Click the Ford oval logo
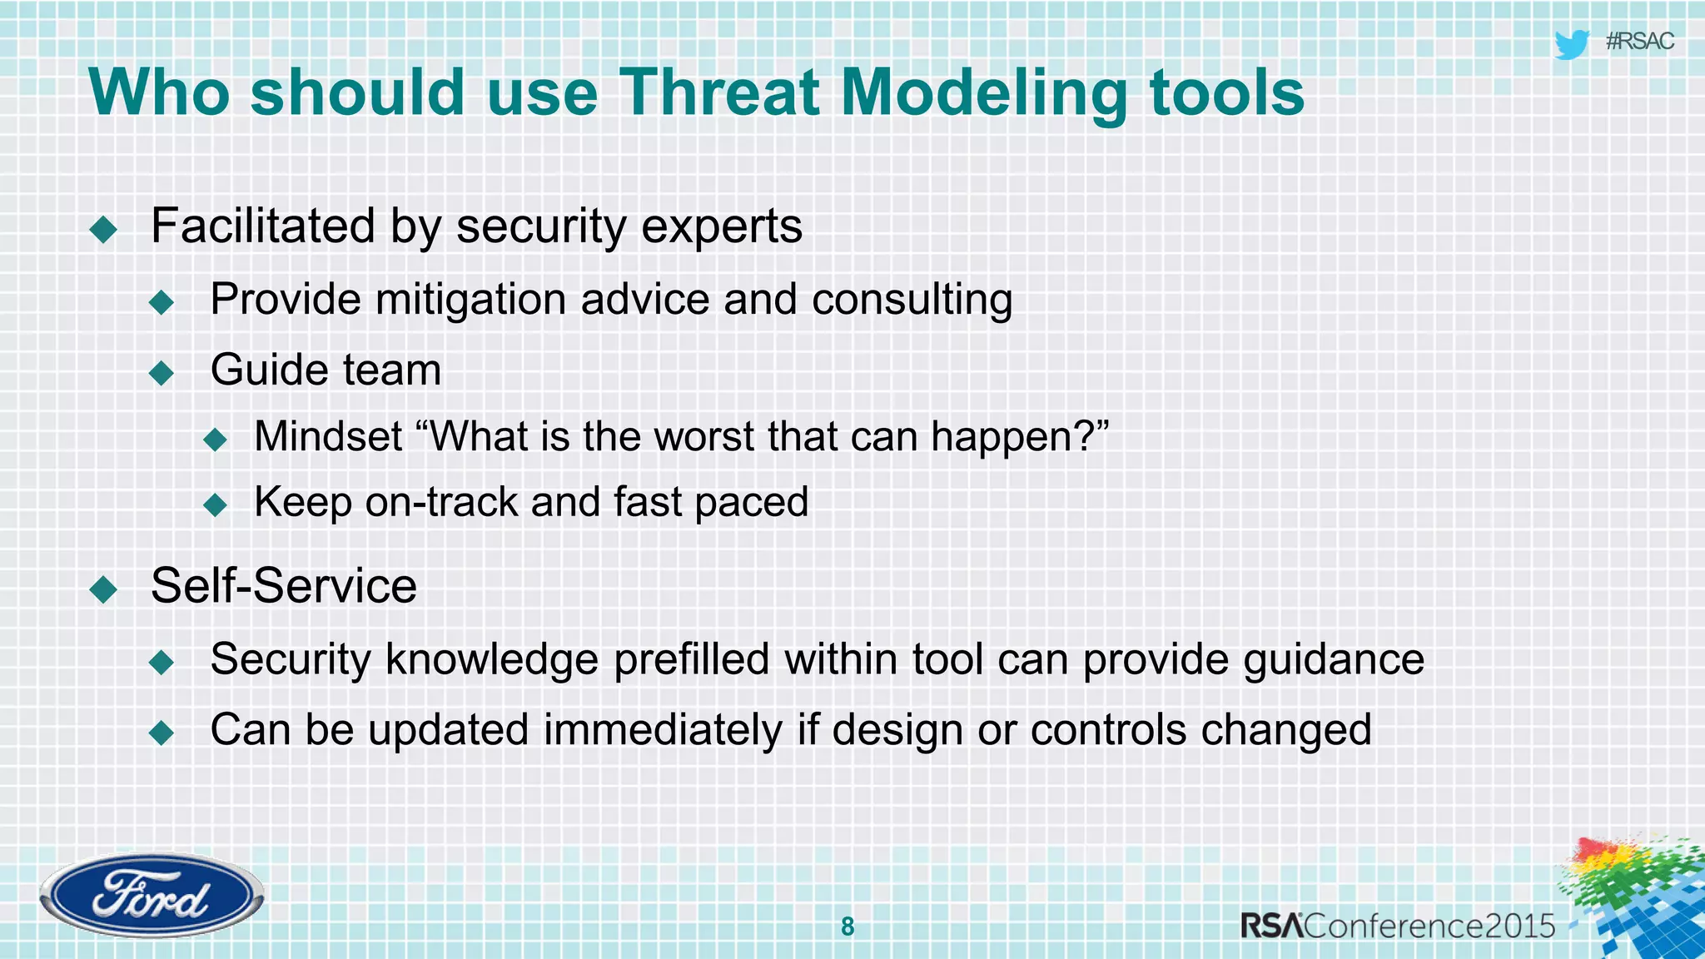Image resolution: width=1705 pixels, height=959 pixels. pyautogui.click(x=151, y=896)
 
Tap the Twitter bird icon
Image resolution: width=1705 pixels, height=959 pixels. pyautogui.click(x=1571, y=44)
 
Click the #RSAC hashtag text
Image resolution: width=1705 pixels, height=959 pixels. pyautogui.click(x=1639, y=42)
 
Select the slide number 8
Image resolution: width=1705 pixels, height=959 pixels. pyautogui.click(x=848, y=927)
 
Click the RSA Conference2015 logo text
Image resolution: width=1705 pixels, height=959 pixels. pyautogui.click(x=1398, y=926)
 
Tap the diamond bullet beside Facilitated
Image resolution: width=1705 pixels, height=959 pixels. pyautogui.click(x=104, y=228)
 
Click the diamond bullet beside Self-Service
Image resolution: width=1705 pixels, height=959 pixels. pyautogui.click(x=104, y=589)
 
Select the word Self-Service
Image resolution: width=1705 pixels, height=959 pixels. pyautogui.click(x=283, y=585)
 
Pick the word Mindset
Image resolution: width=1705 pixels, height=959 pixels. pyautogui.click(x=328, y=436)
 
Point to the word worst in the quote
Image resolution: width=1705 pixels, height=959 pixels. pyautogui.click(x=704, y=436)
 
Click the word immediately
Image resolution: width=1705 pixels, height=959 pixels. pyautogui.click(x=663, y=730)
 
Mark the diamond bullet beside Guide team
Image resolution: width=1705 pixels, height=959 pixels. pyautogui.click(x=162, y=372)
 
